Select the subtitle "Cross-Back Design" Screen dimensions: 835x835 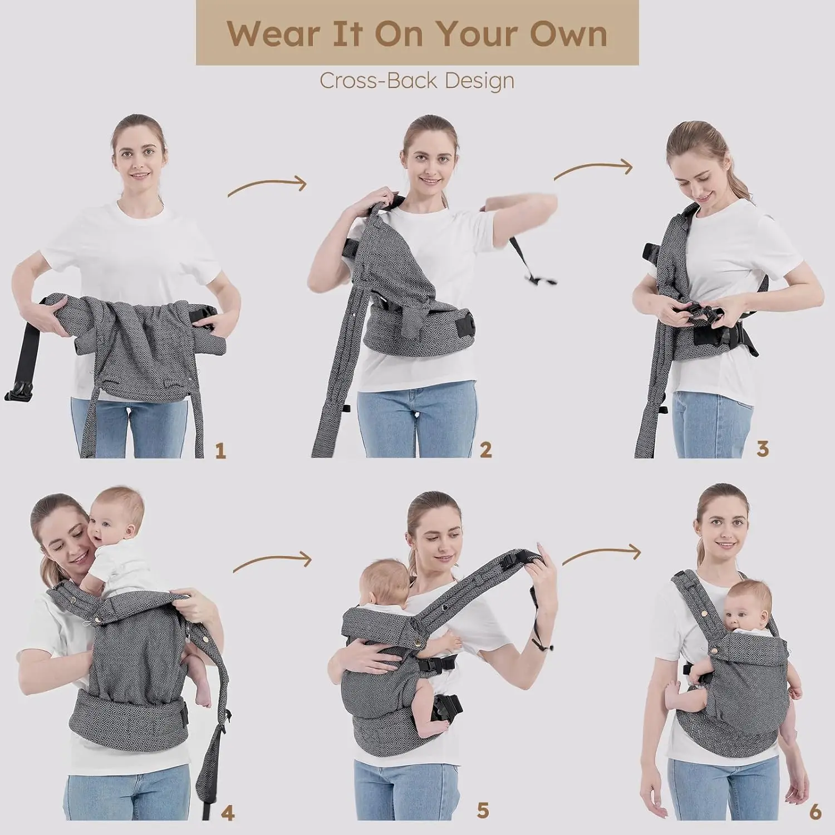(x=417, y=81)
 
